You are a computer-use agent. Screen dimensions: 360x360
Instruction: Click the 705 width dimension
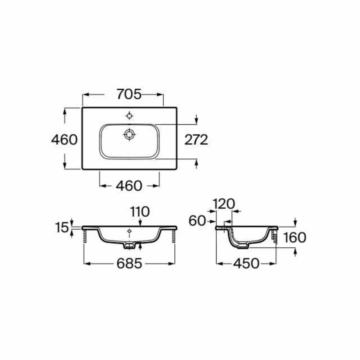click(129, 94)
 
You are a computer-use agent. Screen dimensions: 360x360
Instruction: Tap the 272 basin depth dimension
click(196, 140)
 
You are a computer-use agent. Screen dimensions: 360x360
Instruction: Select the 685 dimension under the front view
click(129, 264)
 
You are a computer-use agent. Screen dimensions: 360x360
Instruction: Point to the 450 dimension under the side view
click(246, 264)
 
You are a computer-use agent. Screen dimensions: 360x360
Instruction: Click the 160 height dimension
click(295, 238)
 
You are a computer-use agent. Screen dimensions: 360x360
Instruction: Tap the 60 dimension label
click(197, 221)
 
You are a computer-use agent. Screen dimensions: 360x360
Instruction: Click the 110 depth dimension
click(140, 212)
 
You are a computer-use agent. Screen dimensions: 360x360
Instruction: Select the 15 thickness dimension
click(62, 228)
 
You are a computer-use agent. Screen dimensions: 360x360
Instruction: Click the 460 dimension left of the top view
click(64, 140)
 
